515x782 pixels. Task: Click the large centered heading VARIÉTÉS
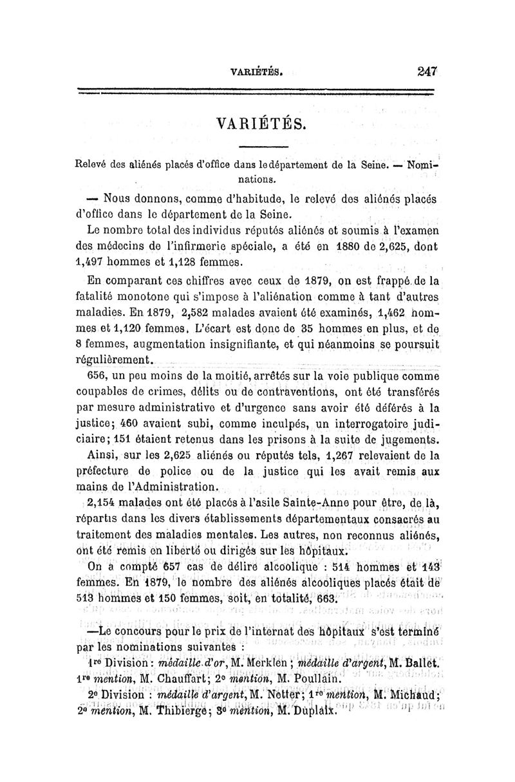tap(257, 122)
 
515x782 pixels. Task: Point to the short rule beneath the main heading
tap(257, 146)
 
